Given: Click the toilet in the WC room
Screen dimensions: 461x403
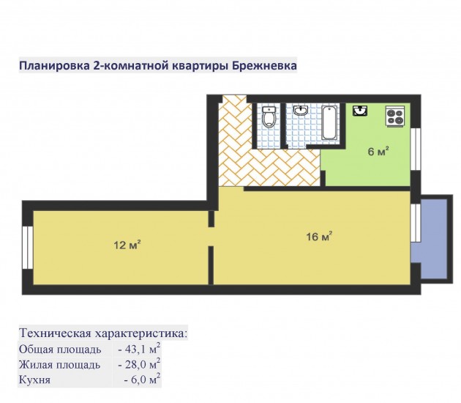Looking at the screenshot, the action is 269,117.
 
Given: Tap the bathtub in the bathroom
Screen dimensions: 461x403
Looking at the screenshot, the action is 329,122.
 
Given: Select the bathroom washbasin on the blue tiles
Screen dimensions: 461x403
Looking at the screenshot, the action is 301,111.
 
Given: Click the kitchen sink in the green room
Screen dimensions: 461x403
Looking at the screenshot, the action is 360,111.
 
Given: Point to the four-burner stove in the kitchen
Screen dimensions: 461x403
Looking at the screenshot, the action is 395,117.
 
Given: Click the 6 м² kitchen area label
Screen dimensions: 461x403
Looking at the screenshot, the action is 378,152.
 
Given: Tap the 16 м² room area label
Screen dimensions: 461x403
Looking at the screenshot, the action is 319,236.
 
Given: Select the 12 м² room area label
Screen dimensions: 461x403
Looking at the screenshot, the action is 127,245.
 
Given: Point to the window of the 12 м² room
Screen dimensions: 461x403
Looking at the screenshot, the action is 28,247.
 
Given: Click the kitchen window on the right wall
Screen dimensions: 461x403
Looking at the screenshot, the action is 416,149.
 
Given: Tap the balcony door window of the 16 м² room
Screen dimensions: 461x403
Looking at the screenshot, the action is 416,223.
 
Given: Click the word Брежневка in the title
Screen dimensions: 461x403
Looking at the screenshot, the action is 264,65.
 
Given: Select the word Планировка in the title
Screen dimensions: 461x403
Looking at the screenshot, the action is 54,66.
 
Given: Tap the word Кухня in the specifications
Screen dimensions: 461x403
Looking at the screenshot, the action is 34,380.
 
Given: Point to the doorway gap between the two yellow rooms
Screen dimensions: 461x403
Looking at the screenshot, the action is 211,237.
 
